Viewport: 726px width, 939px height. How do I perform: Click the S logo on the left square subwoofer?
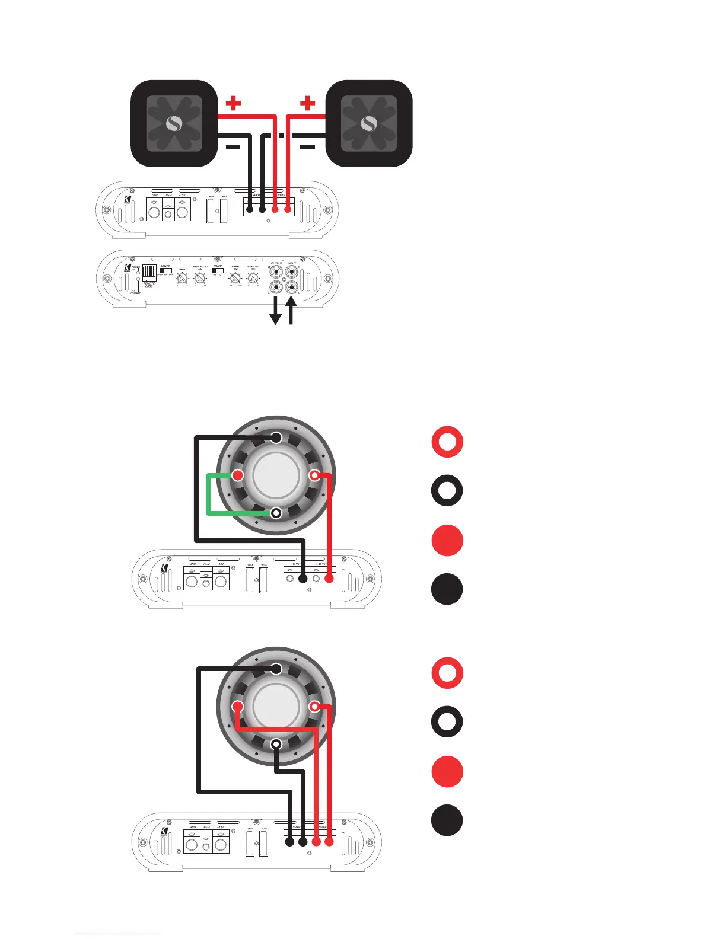tap(174, 123)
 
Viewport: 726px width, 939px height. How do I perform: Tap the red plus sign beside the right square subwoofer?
tap(307, 103)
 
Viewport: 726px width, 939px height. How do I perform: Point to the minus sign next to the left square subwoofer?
tap(233, 147)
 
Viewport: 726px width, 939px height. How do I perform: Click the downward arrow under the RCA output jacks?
tap(275, 311)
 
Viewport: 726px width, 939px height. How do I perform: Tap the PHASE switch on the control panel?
tap(218, 271)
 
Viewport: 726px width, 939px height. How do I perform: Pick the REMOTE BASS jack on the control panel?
tap(149, 273)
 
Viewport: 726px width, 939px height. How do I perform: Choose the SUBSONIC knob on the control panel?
tap(253, 277)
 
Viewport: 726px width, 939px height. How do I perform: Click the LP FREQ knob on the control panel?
tap(235, 277)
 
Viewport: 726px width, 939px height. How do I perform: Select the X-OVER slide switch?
tap(166, 271)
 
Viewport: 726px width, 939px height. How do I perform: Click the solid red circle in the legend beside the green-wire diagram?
tap(447, 541)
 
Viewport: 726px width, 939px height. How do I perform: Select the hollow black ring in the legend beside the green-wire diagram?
tap(447, 491)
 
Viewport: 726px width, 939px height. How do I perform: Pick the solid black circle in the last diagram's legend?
tap(447, 820)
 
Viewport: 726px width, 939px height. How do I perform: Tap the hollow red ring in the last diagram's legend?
tap(447, 673)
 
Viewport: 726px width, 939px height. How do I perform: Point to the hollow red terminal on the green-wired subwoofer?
tap(314, 475)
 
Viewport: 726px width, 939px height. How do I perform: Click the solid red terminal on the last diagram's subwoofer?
tap(238, 707)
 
